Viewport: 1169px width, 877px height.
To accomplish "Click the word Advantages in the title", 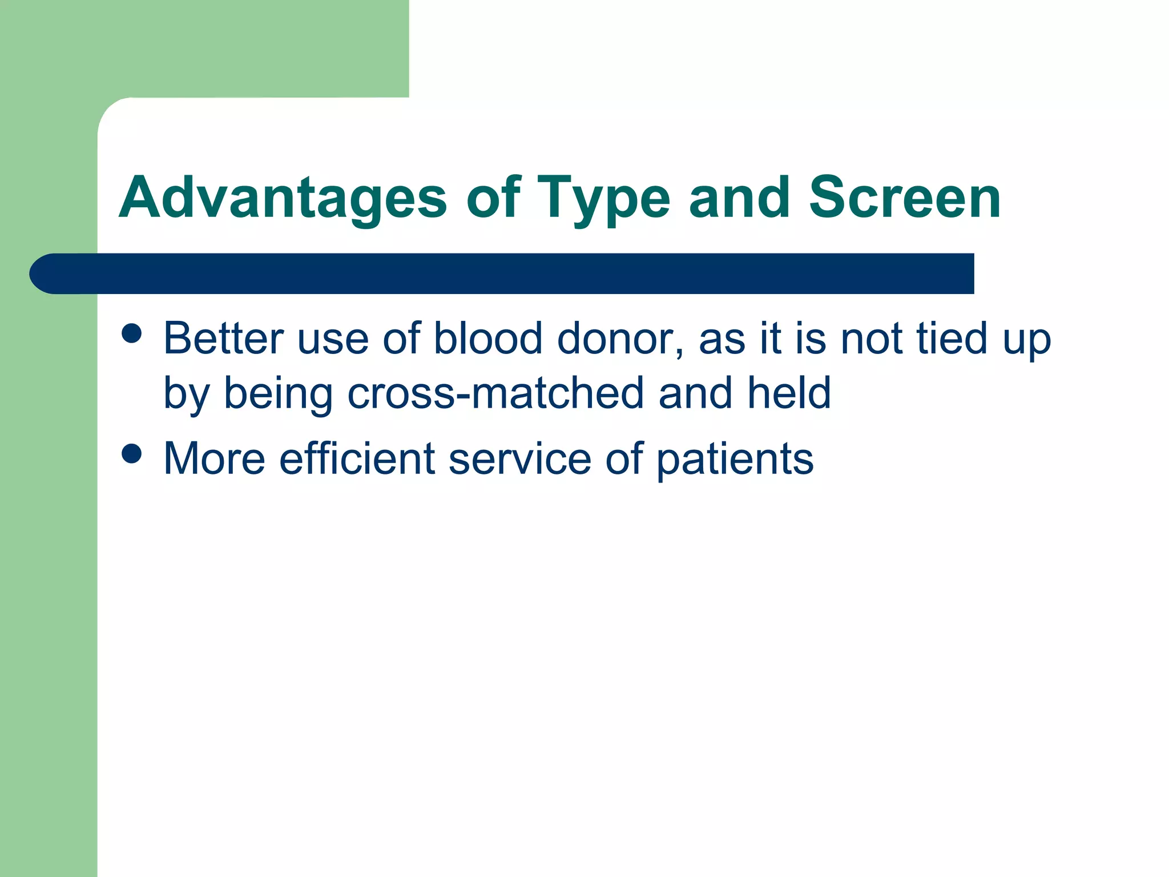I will pyautogui.click(x=283, y=198).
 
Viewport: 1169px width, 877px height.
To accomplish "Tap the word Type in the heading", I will pyautogui.click(x=603, y=198).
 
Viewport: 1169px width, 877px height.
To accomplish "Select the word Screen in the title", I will pyautogui.click(x=905, y=198).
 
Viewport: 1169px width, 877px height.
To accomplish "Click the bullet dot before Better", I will pyautogui.click(x=132, y=334).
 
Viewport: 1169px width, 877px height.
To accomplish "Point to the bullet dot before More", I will pyautogui.click(x=132, y=454).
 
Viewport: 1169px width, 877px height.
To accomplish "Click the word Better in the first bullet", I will pyautogui.click(x=223, y=339).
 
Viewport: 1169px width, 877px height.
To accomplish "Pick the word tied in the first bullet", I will pyautogui.click(x=952, y=339).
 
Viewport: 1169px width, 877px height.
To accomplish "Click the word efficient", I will pyautogui.click(x=357, y=458).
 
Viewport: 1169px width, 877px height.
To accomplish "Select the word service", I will pyautogui.click(x=519, y=458).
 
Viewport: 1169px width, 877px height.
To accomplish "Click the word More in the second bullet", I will pyautogui.click(x=215, y=458).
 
